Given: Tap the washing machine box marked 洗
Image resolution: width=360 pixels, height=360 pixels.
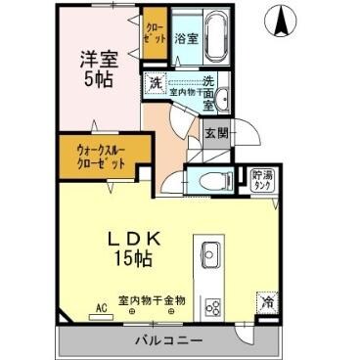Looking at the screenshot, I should (156, 84).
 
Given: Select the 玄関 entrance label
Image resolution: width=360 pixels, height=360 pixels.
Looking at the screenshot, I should (215, 131).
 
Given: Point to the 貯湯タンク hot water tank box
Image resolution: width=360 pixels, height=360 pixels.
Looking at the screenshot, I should (262, 178).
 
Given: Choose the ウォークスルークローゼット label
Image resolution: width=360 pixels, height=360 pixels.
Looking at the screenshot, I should (102, 156).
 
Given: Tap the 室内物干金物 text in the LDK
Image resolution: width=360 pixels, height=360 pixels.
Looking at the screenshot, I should (152, 299).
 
